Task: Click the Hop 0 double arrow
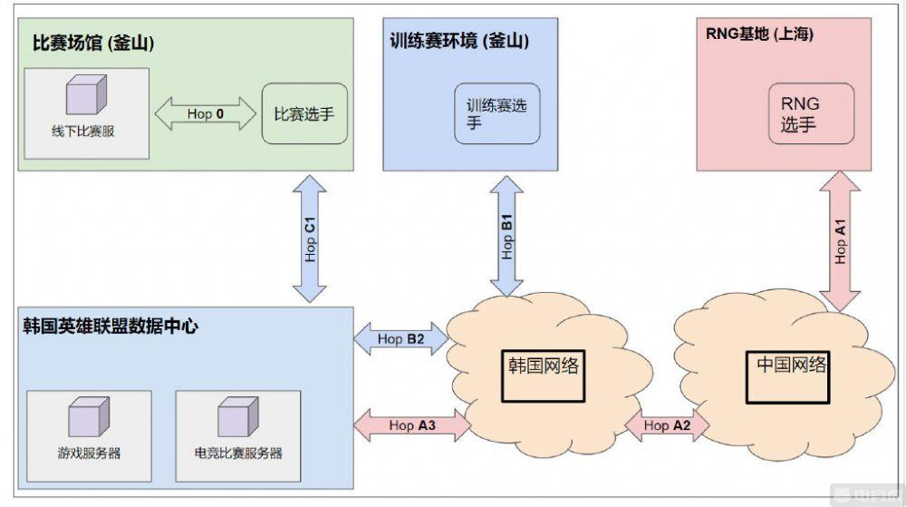205,114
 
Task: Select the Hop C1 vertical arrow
311,239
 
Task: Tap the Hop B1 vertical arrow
507,236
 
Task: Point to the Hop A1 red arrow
841,241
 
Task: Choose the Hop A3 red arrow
413,424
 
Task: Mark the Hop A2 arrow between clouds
667,424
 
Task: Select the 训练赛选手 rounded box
496,114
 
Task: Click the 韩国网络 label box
544,366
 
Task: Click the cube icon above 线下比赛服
84,95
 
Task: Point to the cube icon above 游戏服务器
88,418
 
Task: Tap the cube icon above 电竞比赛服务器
237,418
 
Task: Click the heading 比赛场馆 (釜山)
91,42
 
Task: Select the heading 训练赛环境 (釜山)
459,41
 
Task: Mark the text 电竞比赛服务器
237,453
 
